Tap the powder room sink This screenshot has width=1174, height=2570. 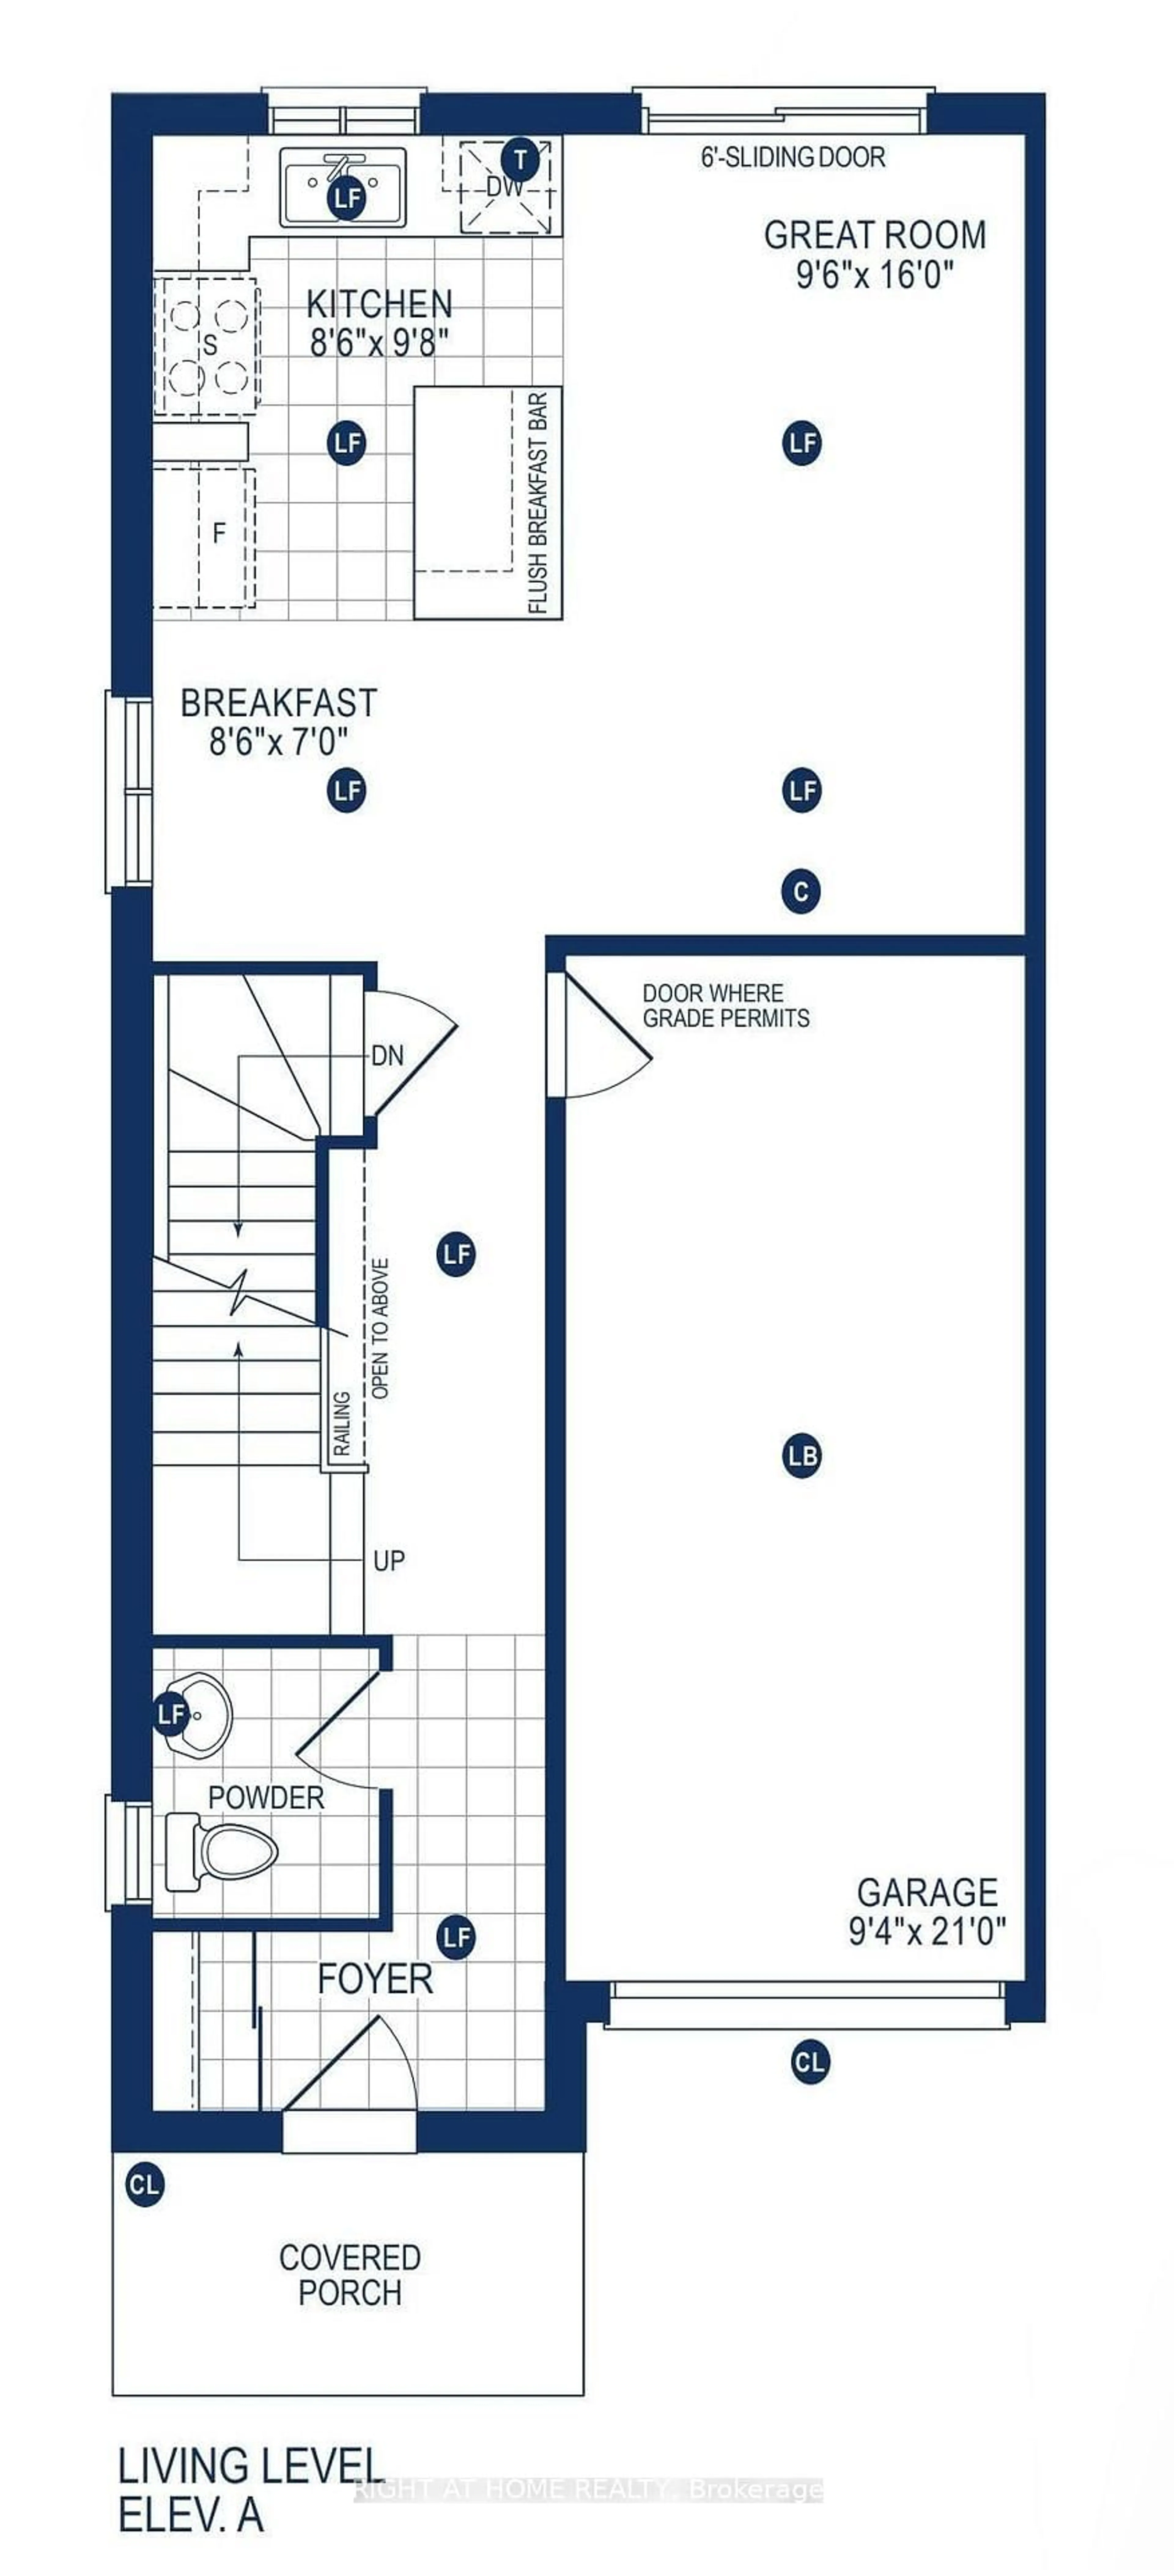pyautogui.click(x=200, y=1714)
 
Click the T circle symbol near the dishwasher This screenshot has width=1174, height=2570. pyautogui.click(x=519, y=158)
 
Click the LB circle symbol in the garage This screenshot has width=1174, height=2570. pyautogui.click(x=802, y=1456)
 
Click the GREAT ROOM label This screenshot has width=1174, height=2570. pyautogui.click(x=875, y=235)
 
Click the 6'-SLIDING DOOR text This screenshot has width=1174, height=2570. pyautogui.click(x=793, y=157)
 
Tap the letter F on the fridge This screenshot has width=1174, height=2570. pyautogui.click(x=220, y=534)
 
